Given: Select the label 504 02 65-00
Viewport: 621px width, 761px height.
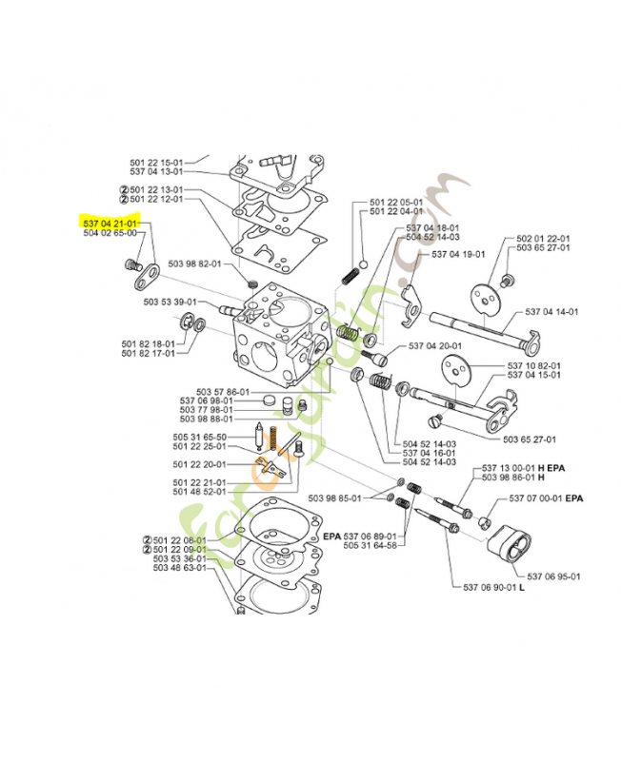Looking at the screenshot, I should tap(110, 232).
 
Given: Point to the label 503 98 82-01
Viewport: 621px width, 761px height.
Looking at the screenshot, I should tap(194, 263).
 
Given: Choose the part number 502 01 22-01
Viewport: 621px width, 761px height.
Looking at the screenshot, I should tap(543, 238).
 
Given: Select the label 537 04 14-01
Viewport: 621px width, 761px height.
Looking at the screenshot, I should tap(551, 311).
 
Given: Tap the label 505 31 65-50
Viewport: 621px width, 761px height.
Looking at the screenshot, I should tap(200, 437).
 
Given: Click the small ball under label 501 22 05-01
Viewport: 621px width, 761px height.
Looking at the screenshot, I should tap(363, 263).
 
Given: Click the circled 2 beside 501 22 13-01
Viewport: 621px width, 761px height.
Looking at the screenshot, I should tap(123, 189).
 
